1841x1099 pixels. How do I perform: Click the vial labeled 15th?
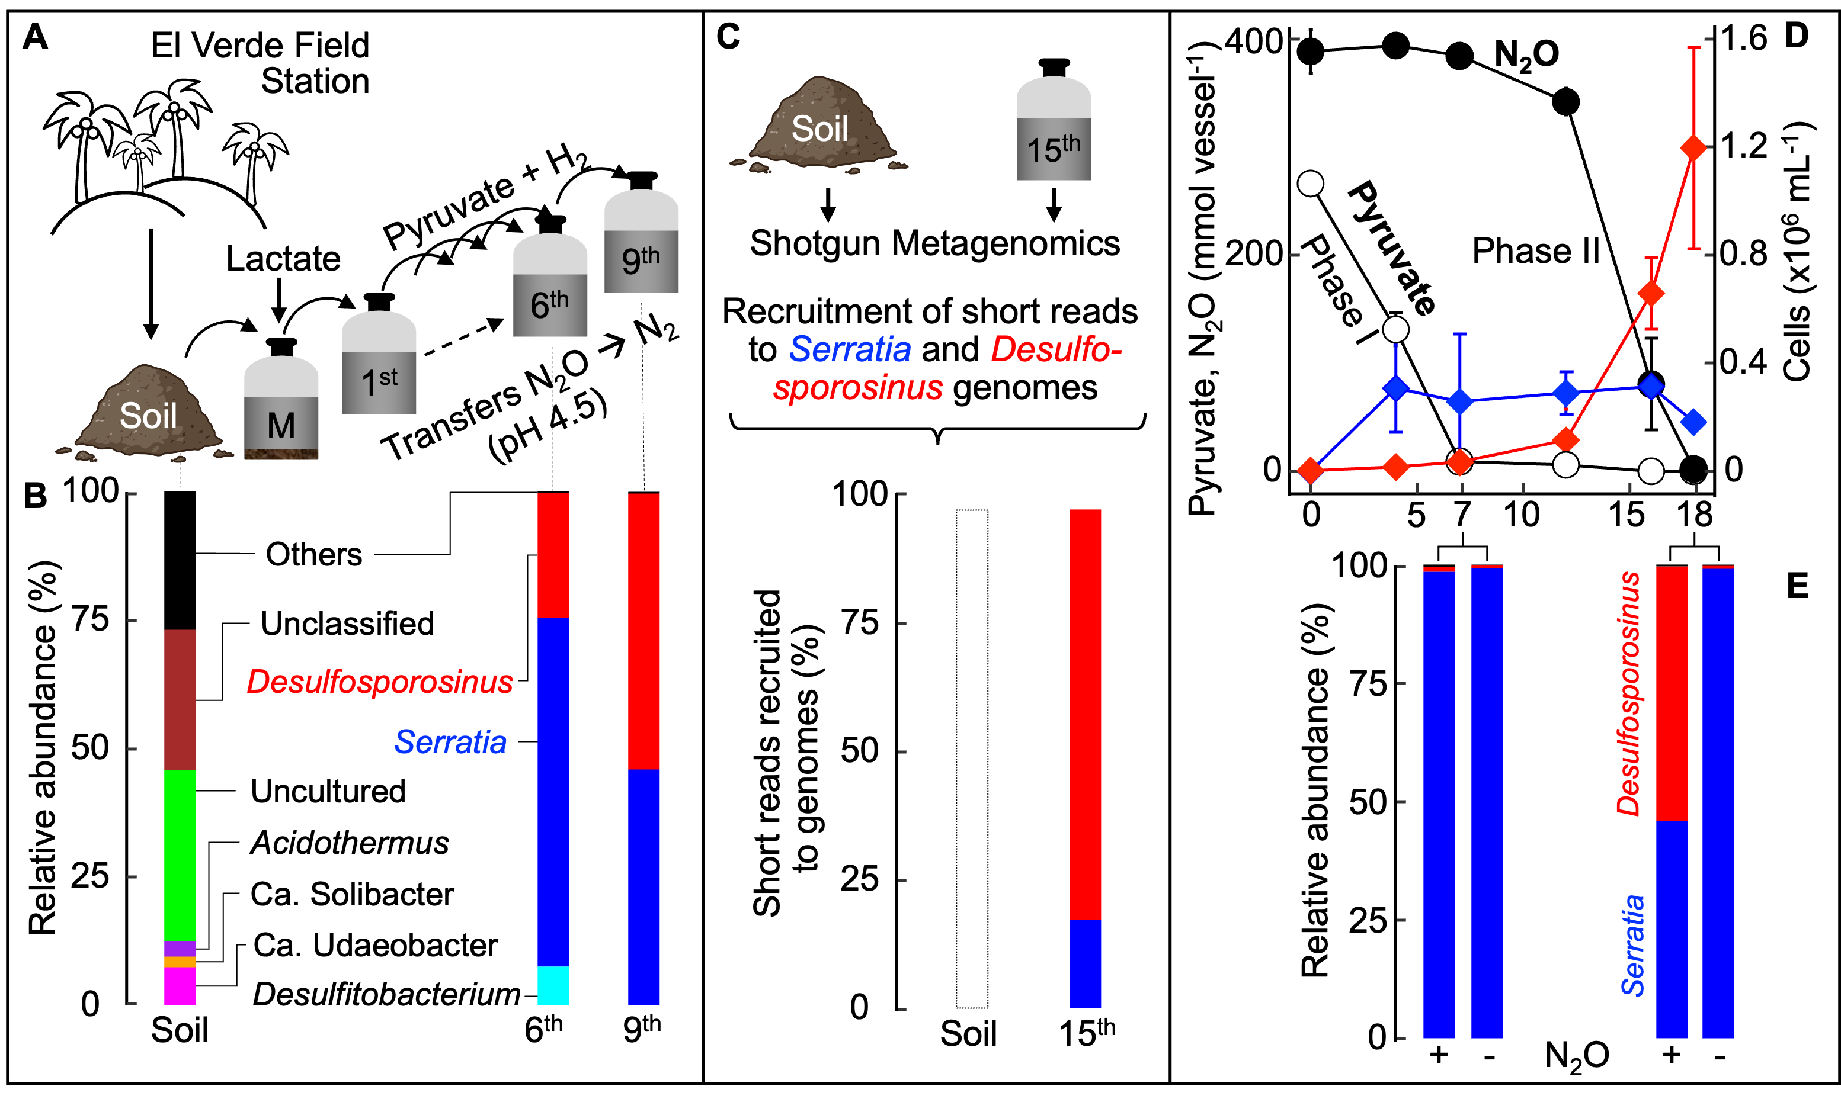tap(1054, 129)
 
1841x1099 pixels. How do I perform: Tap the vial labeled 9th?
tap(642, 242)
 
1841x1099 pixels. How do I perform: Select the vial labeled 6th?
tap(550, 286)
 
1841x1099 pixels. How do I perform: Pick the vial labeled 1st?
tap(379, 363)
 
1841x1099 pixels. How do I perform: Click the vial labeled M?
tap(281, 408)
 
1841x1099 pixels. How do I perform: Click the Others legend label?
tap(314, 554)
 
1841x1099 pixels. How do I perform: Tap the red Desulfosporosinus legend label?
tap(381, 682)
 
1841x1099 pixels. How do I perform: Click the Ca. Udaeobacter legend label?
tap(375, 945)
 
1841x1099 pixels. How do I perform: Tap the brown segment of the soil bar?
tap(180, 700)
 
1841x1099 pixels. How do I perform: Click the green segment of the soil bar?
tap(180, 856)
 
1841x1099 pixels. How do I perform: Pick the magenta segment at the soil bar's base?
tap(180, 986)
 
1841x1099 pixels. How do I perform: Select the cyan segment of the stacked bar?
tap(553, 986)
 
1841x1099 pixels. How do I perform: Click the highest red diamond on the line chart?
tap(1693, 148)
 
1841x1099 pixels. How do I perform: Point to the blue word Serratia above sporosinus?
tap(850, 349)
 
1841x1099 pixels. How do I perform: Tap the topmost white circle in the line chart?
tap(1311, 184)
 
